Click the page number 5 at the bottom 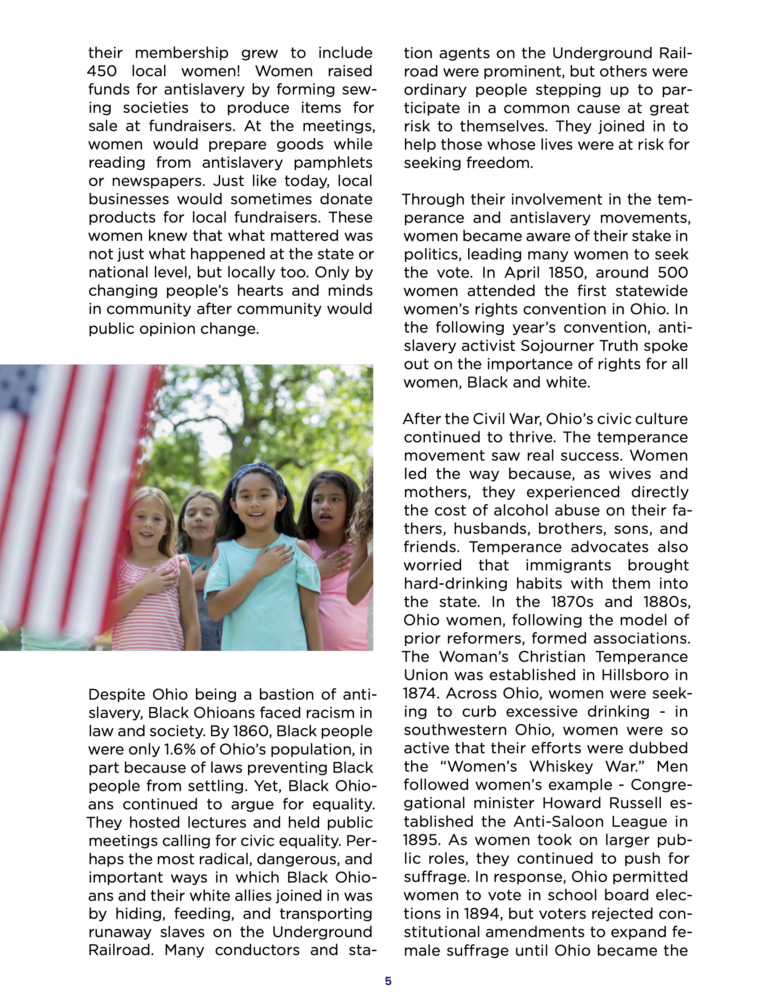pyautogui.click(x=388, y=981)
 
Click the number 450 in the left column pyautogui.click(x=102, y=71)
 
